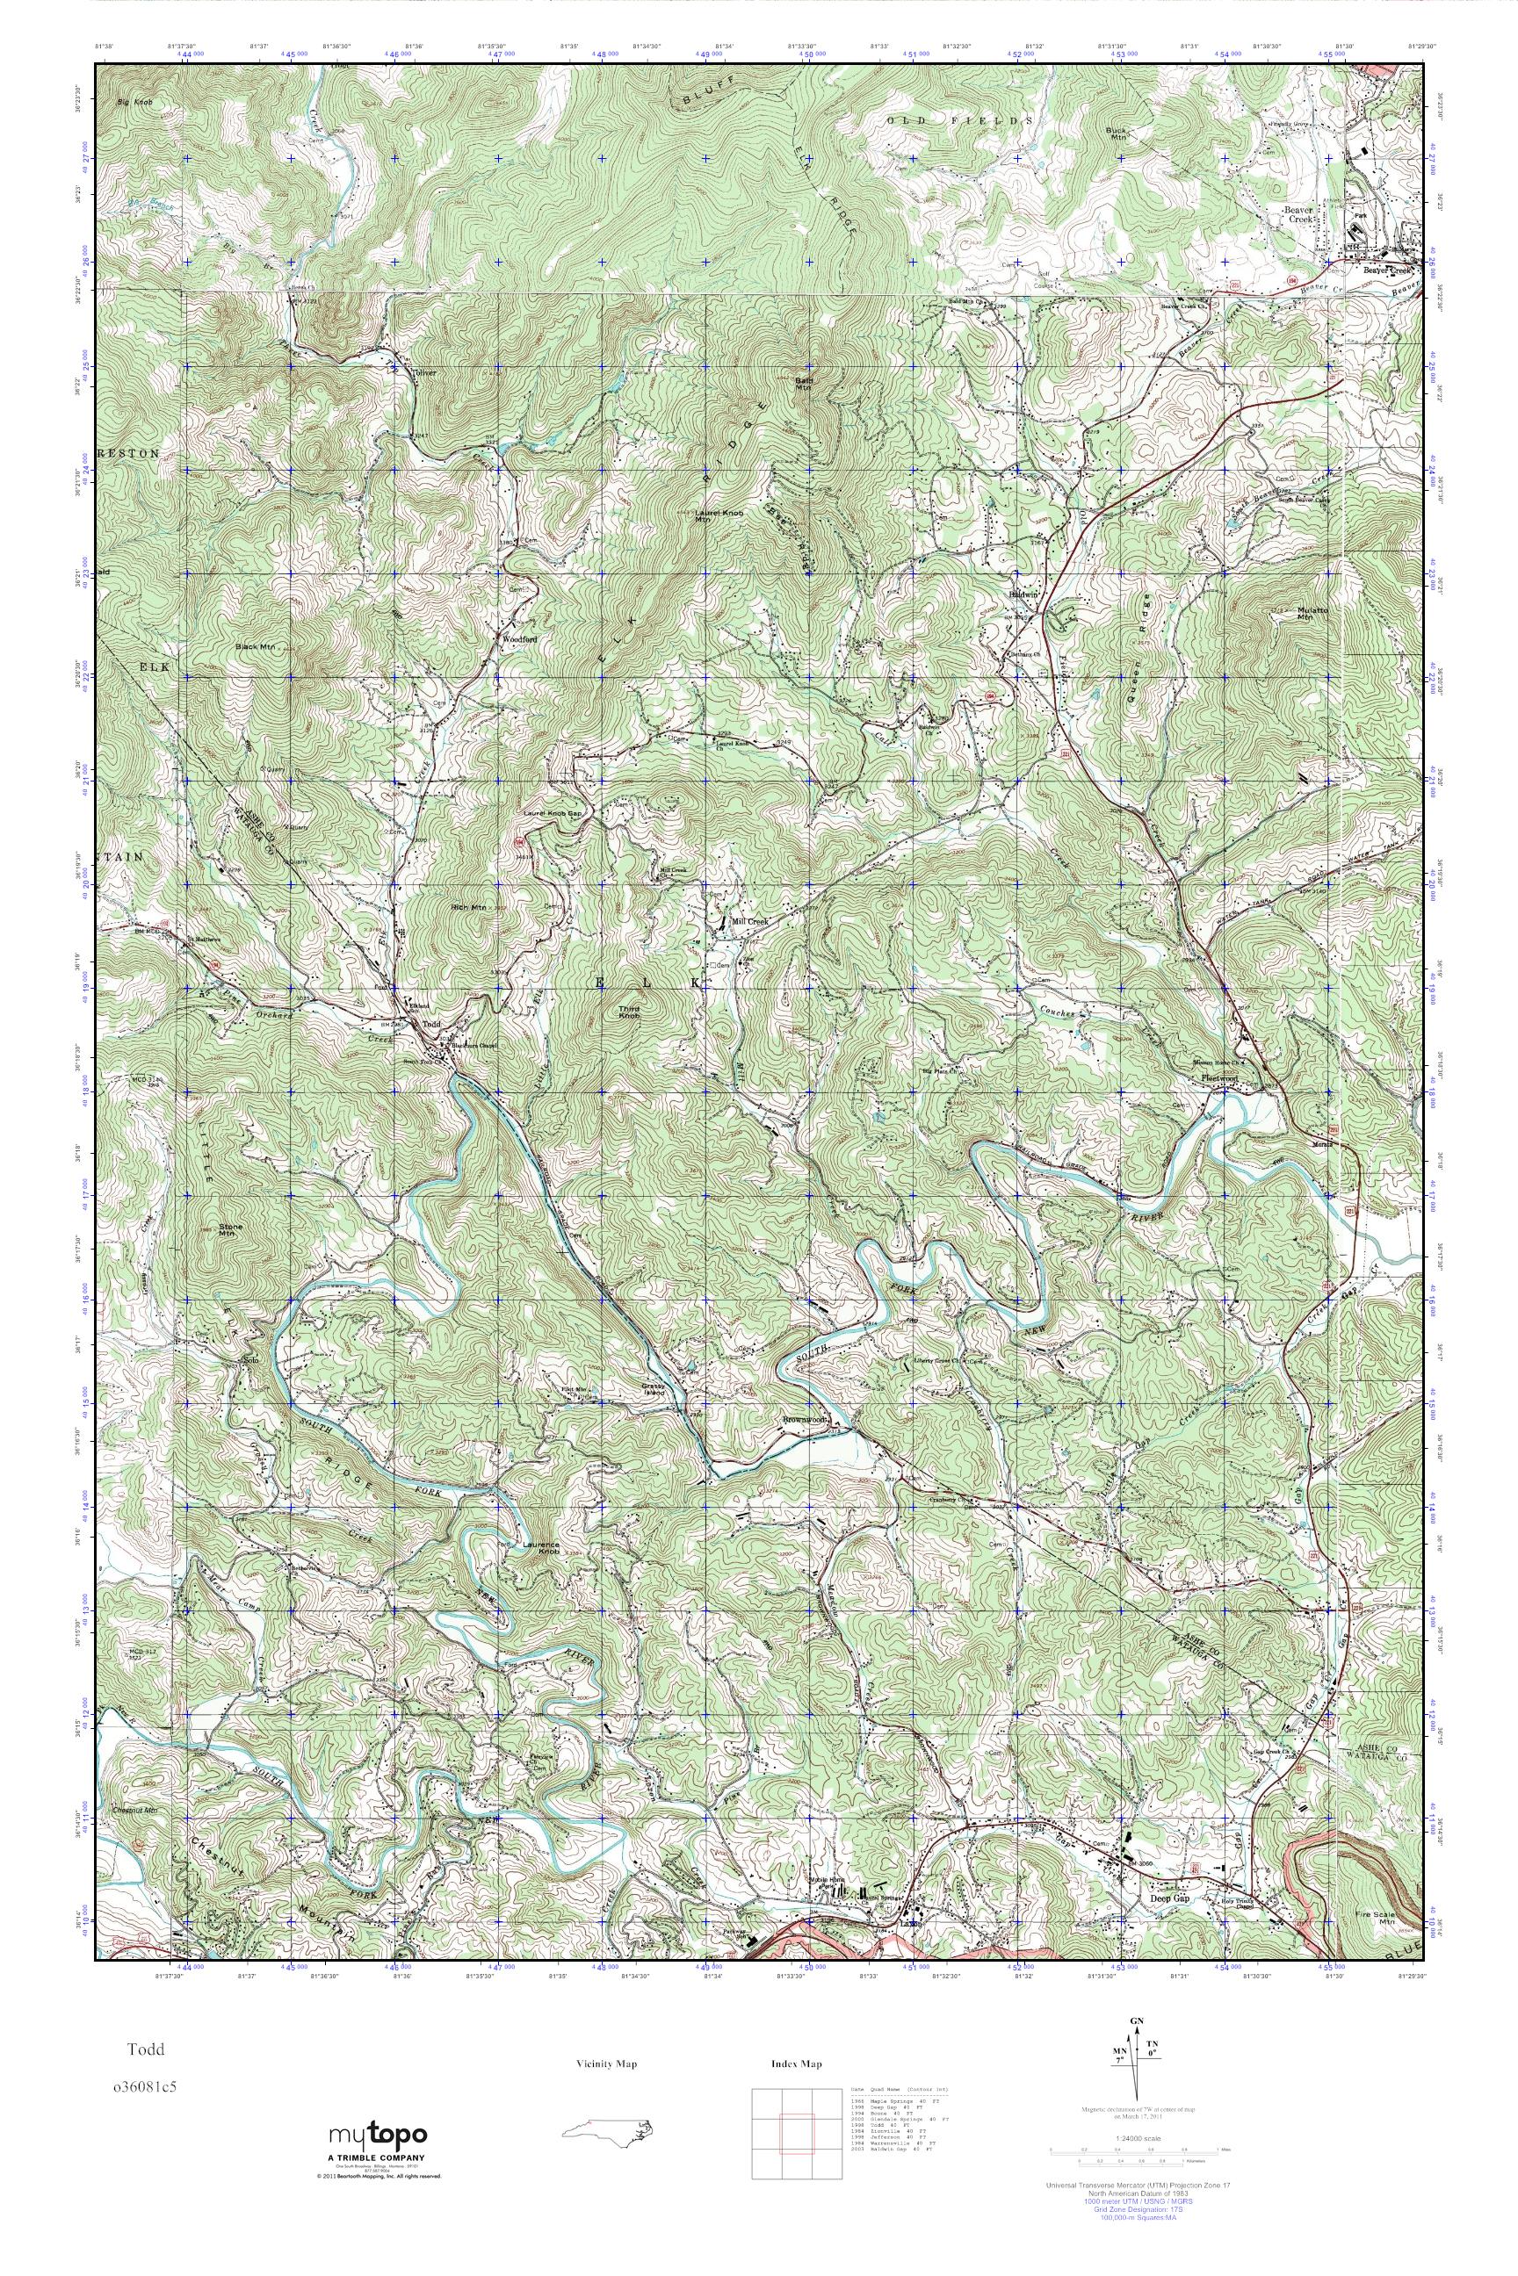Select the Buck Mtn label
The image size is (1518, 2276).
(1118, 133)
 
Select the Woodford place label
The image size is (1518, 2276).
(518, 639)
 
